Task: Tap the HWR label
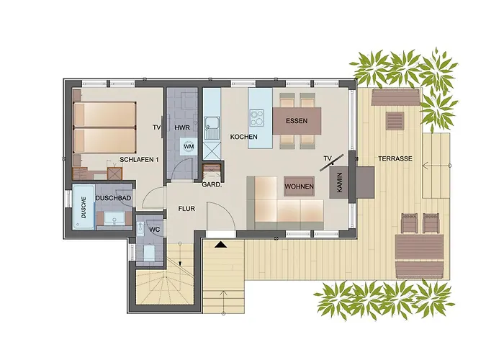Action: [x=181, y=127]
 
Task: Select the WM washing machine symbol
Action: [x=188, y=147]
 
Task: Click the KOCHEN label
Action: [x=244, y=137]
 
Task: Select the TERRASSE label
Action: [x=395, y=158]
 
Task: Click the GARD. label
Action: [x=211, y=184]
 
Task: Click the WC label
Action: [x=154, y=229]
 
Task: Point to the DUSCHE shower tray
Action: [x=84, y=208]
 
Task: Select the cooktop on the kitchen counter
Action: [x=258, y=117]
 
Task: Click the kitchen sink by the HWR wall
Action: [x=211, y=129]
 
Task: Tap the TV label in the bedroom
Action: [x=156, y=127]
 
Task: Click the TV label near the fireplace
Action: [x=328, y=158]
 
